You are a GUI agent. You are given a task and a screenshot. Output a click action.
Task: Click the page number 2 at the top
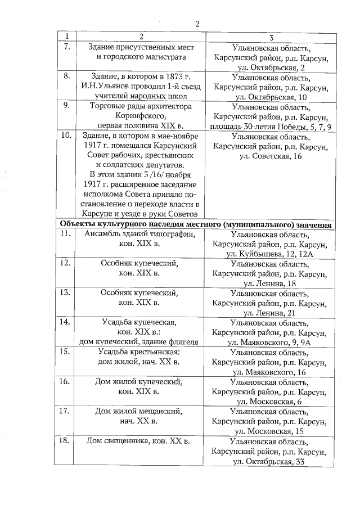point(197,24)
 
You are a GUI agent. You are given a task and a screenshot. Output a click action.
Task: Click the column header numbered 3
point(271,37)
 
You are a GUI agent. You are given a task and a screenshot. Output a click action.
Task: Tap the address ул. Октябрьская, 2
point(271,68)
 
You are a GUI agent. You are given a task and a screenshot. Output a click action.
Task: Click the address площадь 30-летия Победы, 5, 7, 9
point(271,127)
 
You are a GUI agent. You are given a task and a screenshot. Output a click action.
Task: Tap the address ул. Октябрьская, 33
point(271,462)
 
